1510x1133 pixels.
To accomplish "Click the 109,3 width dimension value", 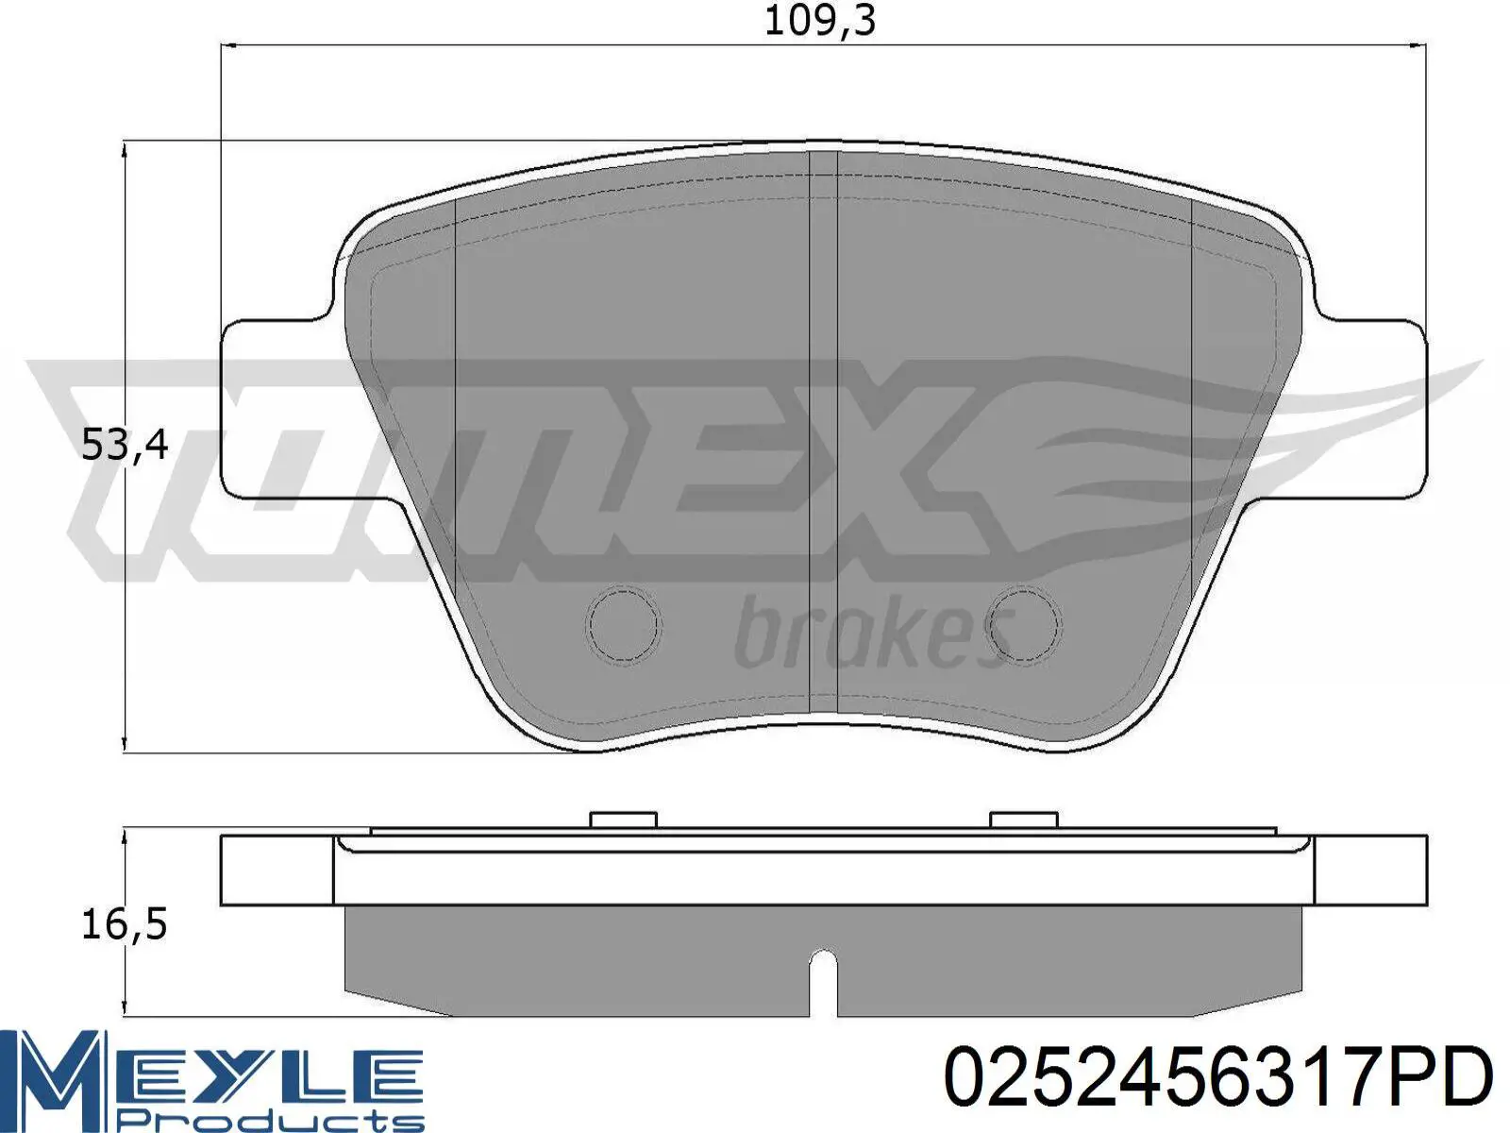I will point(819,20).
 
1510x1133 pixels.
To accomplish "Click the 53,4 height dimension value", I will point(125,444).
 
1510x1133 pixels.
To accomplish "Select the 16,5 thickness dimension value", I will point(125,923).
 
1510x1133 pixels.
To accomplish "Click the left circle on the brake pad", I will point(623,624).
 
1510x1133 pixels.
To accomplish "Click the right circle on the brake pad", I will point(1026,624).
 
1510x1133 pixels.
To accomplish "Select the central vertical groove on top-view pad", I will point(824,425).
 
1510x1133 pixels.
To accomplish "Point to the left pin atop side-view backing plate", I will point(623,820).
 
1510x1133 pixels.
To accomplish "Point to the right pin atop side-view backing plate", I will point(1024,820).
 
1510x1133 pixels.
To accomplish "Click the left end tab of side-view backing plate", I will point(277,870).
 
